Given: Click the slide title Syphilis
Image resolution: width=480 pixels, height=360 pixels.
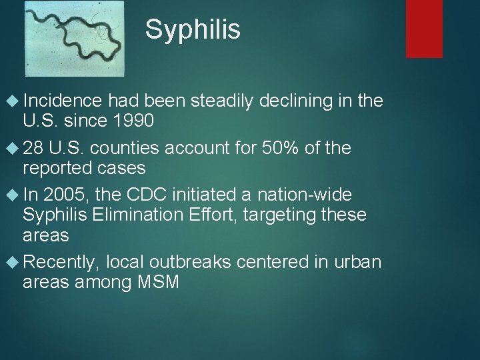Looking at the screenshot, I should pyautogui.click(x=193, y=29).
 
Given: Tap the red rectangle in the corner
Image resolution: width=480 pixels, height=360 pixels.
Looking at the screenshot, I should pyautogui.click(x=425, y=28).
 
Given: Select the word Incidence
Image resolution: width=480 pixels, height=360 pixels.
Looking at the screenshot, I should pyautogui.click(x=62, y=101).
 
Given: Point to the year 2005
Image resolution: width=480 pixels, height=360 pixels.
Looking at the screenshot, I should pyautogui.click(x=67, y=194).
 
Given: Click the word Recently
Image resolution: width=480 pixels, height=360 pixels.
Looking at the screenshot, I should pyautogui.click(x=61, y=261).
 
